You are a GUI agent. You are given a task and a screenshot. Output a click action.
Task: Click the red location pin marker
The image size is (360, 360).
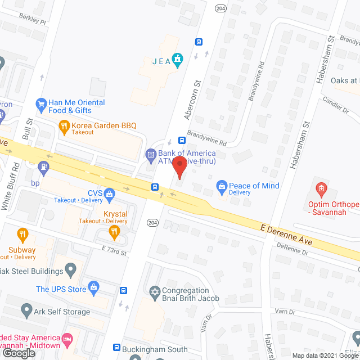179,168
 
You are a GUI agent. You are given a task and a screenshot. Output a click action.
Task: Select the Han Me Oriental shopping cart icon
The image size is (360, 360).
40,104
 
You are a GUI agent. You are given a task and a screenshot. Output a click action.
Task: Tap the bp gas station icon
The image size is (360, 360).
43,166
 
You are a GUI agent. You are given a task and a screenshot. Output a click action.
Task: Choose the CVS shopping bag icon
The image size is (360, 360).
109,195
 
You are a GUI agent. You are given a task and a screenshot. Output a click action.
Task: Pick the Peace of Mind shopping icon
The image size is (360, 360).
222,186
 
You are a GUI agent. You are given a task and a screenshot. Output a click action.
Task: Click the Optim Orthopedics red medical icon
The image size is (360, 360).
321,187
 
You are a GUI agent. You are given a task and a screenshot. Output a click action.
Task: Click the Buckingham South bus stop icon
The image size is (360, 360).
118,348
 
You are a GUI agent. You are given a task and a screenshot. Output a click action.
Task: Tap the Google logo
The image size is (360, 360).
18,353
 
